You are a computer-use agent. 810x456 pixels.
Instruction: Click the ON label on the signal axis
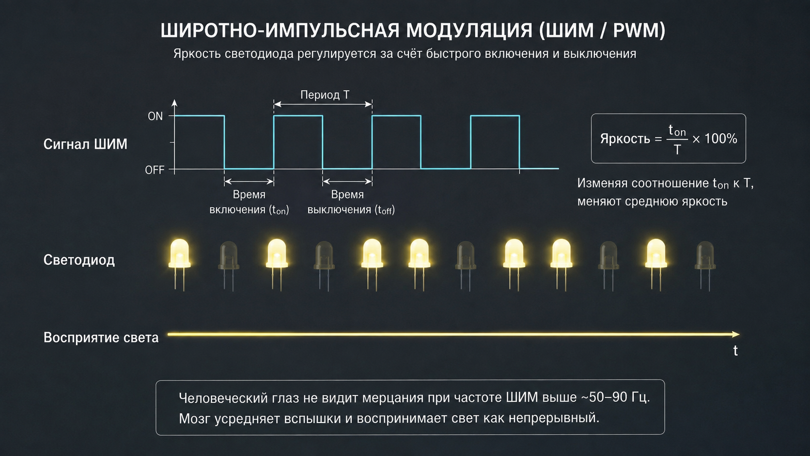[x=155, y=116]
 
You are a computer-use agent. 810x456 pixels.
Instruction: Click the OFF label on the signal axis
[x=155, y=170]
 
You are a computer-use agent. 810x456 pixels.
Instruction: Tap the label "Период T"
[x=325, y=95]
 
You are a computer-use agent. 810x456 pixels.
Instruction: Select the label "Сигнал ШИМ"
[x=85, y=144]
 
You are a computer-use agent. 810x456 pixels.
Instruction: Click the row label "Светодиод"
[x=79, y=260]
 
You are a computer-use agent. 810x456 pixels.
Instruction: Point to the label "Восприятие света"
[x=101, y=337]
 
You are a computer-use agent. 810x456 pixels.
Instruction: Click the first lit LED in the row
[x=180, y=264]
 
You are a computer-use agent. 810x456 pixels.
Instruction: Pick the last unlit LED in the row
[x=705, y=266]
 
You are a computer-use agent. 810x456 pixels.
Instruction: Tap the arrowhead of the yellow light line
[x=735, y=334]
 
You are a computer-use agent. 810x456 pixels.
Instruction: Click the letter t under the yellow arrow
[x=735, y=350]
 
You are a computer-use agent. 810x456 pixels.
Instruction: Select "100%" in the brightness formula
[x=721, y=139]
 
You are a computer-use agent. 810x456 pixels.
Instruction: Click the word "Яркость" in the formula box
[x=625, y=139]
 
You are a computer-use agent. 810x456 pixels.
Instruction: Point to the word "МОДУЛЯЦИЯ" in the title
[x=469, y=31]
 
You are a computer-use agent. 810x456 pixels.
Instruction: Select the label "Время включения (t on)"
[x=249, y=202]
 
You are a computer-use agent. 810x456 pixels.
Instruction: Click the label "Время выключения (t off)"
[x=351, y=202]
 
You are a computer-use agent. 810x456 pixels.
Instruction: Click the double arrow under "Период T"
[x=323, y=104]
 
